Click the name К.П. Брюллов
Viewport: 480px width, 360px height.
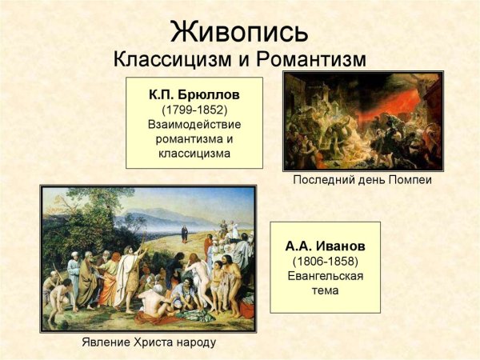pyautogui.click(x=194, y=94)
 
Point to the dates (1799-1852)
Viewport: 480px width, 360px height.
pyautogui.click(x=194, y=109)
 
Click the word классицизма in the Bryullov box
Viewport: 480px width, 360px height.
pyautogui.click(x=194, y=153)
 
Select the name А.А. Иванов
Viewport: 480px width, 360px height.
pyautogui.click(x=325, y=246)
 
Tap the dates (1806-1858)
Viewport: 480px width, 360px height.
pyautogui.click(x=325, y=261)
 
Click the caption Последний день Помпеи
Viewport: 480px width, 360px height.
pyautogui.click(x=362, y=180)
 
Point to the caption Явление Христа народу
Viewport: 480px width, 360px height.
pyautogui.click(x=149, y=342)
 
